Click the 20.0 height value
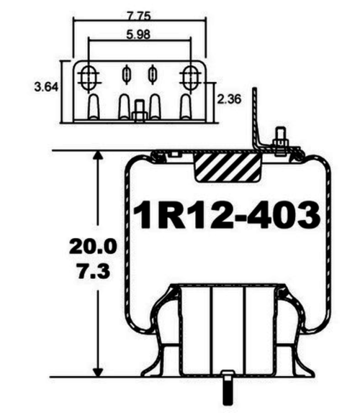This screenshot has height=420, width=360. point(92,247)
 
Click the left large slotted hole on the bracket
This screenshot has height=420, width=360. point(90,75)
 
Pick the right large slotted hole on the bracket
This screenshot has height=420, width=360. point(192,75)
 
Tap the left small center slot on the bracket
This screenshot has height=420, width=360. point(127,74)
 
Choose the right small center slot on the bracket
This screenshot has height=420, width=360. point(153,74)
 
